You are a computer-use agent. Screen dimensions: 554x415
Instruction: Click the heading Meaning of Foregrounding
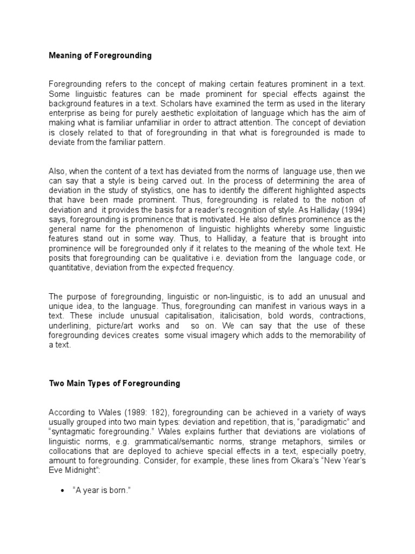tap(101, 55)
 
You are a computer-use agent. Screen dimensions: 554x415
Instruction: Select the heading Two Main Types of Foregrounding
tap(115, 384)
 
